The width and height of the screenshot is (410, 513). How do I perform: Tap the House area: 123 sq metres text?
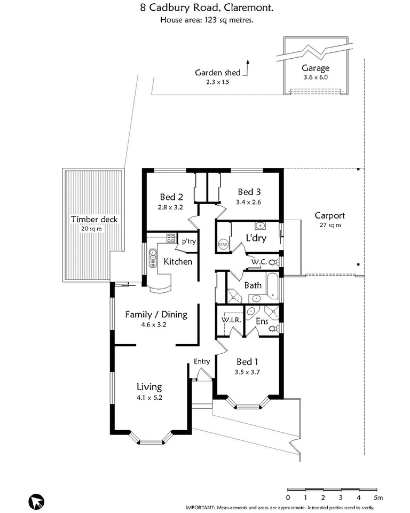point(207,20)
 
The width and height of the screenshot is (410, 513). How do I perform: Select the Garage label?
point(316,68)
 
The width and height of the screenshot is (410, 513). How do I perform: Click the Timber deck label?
point(94,219)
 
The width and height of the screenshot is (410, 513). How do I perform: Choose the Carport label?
point(329,216)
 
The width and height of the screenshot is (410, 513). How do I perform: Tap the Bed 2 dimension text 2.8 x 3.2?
point(171,207)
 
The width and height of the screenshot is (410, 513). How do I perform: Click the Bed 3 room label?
point(249,192)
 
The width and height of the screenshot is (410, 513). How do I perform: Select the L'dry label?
point(256,238)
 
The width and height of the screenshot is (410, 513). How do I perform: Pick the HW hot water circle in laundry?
point(223,245)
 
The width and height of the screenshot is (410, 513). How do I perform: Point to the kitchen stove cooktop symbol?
point(171,238)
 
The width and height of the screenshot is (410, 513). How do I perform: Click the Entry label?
point(202,361)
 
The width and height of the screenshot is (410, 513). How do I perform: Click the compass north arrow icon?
point(36,502)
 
